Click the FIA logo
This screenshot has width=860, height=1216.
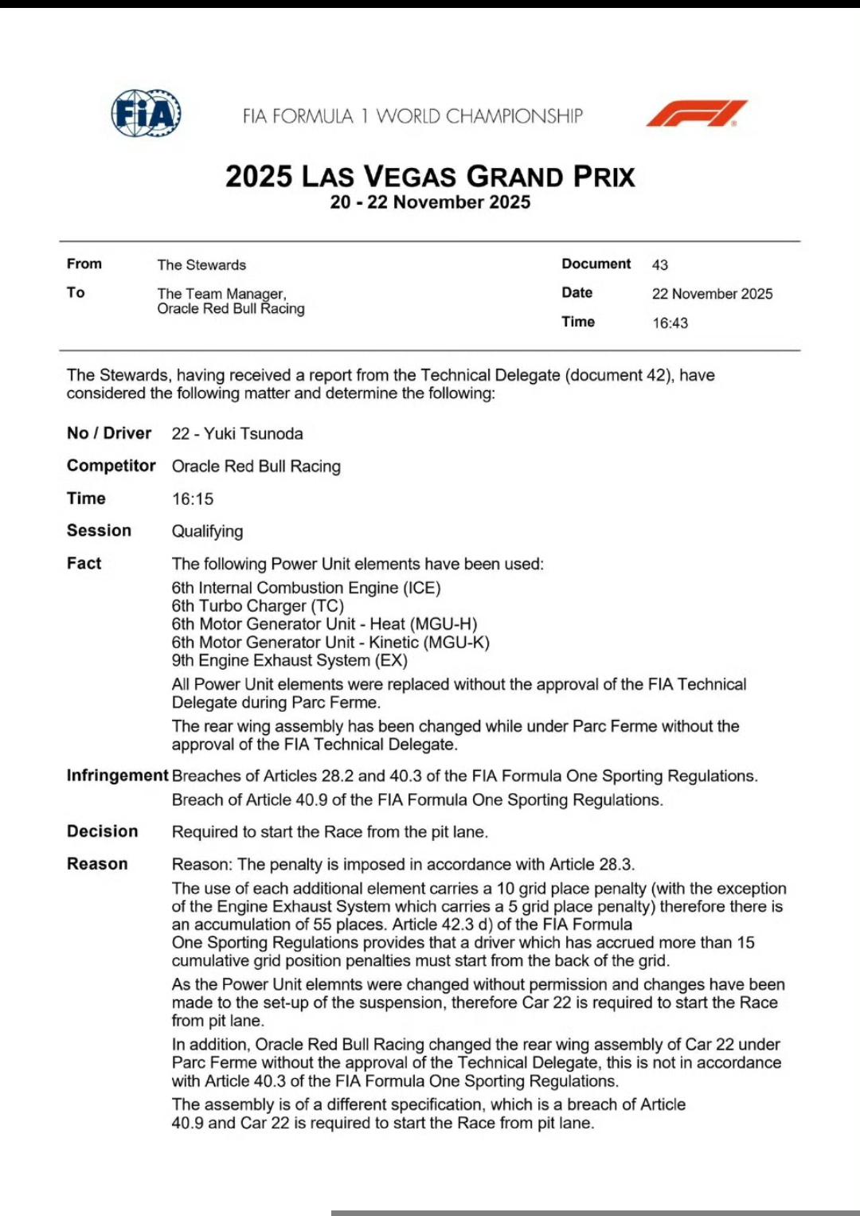(x=146, y=113)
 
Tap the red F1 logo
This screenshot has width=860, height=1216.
(x=696, y=113)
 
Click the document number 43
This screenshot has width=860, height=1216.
(x=660, y=265)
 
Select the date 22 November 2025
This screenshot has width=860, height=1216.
(x=712, y=294)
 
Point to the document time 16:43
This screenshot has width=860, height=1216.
(x=670, y=323)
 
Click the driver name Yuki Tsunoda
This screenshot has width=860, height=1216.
(x=253, y=434)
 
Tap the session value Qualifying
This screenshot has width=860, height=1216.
(x=208, y=531)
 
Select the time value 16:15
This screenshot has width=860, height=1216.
(x=193, y=499)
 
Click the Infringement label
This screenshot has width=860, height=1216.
(x=117, y=776)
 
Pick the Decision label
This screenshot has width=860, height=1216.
(x=102, y=831)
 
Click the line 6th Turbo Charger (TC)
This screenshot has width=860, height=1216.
(x=258, y=606)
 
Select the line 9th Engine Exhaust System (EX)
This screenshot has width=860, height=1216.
(x=290, y=660)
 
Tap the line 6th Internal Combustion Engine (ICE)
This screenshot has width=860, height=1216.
(x=306, y=588)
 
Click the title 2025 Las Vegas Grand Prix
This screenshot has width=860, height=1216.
(x=430, y=176)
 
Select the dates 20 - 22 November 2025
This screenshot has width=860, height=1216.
(x=430, y=202)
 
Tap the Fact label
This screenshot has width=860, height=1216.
(x=84, y=564)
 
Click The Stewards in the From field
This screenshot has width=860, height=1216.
(x=201, y=265)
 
